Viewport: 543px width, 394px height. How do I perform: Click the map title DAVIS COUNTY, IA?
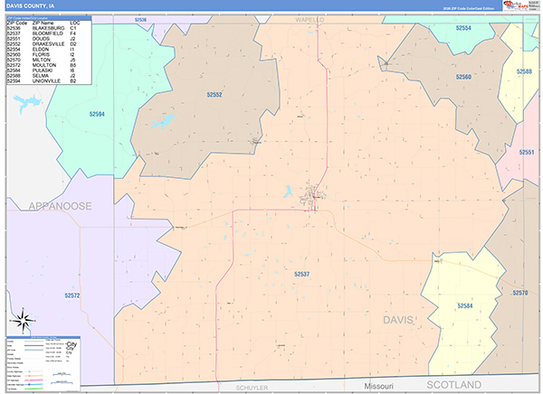pyautogui.click(x=33, y=5)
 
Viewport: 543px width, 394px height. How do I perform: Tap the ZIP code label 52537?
pyautogui.click(x=302, y=273)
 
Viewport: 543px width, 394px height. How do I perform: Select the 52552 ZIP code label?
pyautogui.click(x=214, y=95)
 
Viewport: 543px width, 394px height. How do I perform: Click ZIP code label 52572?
pyautogui.click(x=73, y=295)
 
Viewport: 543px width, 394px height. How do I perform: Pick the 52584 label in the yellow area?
pyautogui.click(x=465, y=306)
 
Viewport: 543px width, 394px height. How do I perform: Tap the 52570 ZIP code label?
pyautogui.click(x=519, y=293)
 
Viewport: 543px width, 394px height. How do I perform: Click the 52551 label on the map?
pyautogui.click(x=528, y=152)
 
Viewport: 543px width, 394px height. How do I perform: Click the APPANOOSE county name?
pyautogui.click(x=47, y=206)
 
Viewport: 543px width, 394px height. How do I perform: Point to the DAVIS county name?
pyautogui.click(x=403, y=320)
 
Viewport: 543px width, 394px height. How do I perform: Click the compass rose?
pyautogui.click(x=23, y=320)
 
